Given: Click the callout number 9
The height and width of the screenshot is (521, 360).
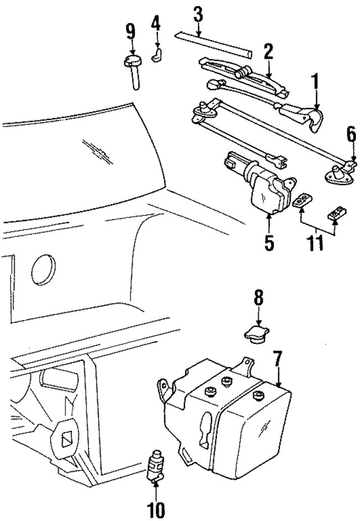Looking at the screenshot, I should pyautogui.click(x=130, y=30).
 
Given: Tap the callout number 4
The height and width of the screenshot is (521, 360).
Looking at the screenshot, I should pyautogui.click(x=156, y=24).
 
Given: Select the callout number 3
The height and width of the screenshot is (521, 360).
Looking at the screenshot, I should pyautogui.click(x=197, y=14).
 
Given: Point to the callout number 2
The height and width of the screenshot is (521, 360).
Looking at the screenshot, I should pyautogui.click(x=268, y=52).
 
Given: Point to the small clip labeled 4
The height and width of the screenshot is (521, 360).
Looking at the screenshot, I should pyautogui.click(x=157, y=55).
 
